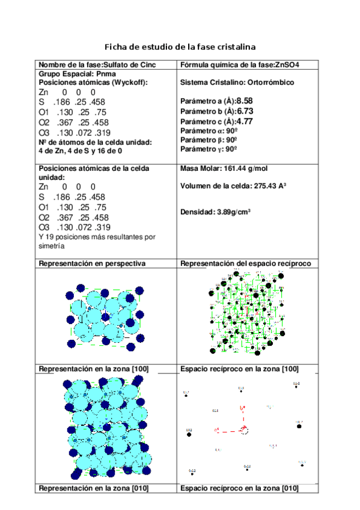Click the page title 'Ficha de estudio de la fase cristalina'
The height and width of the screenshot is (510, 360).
180,46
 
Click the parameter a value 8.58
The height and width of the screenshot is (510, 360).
245,101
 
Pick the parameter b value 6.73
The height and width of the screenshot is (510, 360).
245,111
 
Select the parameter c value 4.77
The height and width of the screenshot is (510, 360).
244,121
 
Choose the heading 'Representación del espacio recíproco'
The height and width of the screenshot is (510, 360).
245,263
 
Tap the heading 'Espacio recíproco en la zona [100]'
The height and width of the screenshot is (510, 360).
239,368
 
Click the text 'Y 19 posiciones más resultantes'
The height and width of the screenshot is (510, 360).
96,237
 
